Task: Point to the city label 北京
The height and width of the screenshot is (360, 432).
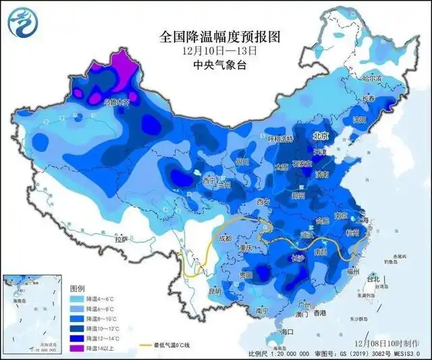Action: point(321,136)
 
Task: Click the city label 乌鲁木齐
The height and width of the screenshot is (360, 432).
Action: point(120,102)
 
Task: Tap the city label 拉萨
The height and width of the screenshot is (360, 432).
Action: point(121,239)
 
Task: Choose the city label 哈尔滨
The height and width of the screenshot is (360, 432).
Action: point(372,79)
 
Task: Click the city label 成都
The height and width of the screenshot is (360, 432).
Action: point(225,238)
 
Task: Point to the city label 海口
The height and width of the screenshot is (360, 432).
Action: point(288,332)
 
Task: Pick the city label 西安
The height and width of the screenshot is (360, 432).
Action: point(263,202)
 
